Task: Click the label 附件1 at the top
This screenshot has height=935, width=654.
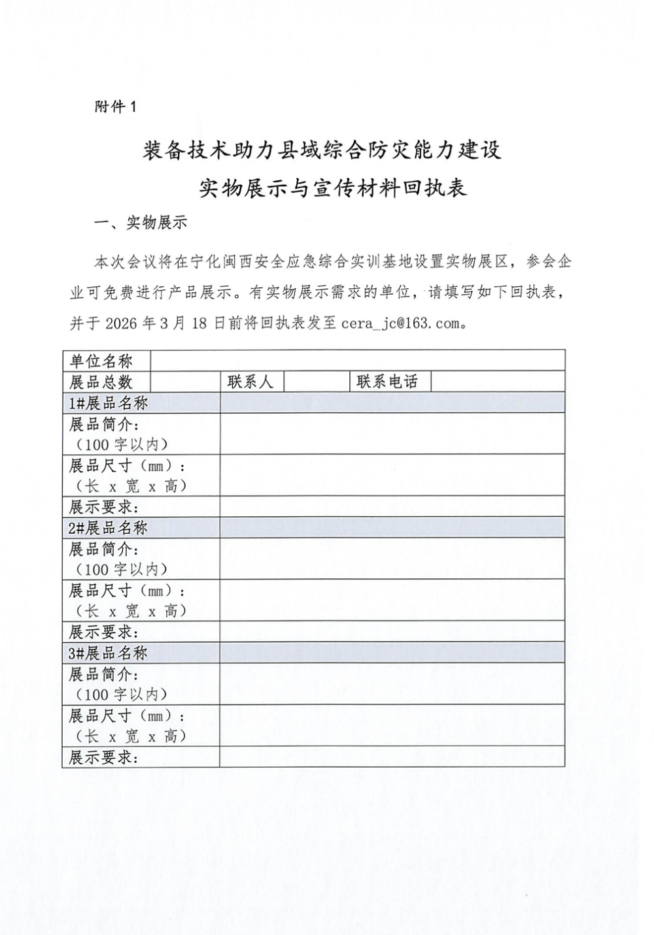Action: (116, 107)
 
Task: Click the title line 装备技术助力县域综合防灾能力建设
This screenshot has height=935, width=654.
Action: (322, 150)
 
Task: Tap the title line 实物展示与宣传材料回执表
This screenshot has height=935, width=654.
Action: (332, 188)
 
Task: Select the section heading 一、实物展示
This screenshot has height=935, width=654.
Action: (141, 223)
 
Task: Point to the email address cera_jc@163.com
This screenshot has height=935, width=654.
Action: (400, 323)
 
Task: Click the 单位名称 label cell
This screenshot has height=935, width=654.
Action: (101, 361)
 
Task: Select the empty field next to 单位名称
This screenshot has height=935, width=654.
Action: (358, 361)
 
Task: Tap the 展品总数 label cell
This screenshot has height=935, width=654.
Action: (101, 382)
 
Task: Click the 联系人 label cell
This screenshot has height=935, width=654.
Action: (250, 382)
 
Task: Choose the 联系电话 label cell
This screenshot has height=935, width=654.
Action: (387, 382)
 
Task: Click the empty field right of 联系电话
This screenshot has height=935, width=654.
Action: (497, 382)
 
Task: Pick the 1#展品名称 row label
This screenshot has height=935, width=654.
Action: (109, 403)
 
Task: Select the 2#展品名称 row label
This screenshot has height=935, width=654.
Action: (109, 527)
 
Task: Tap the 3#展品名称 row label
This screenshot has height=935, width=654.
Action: (109, 653)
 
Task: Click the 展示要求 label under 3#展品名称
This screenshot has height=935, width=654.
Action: (105, 757)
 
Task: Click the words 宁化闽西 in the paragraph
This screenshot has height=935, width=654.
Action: (221, 262)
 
